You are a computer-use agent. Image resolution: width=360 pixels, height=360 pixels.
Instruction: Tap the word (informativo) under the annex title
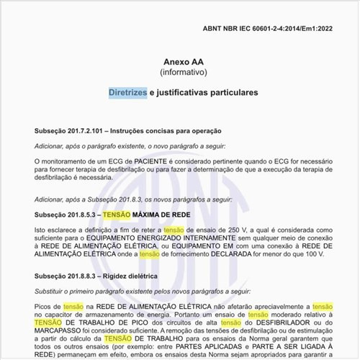tap(182, 73)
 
